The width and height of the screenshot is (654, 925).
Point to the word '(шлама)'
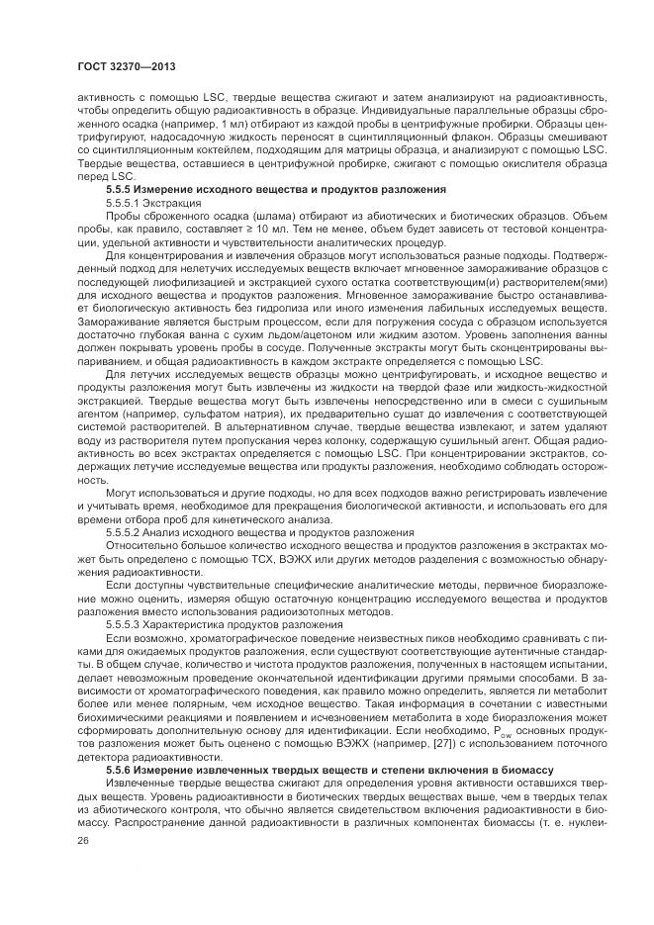coord(234,214)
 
